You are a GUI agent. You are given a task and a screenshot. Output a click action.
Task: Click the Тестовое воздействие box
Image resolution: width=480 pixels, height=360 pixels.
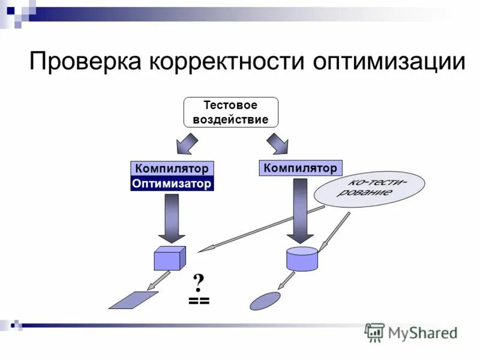point(230,112)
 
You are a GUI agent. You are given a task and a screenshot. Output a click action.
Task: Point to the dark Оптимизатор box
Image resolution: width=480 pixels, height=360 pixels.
point(172,184)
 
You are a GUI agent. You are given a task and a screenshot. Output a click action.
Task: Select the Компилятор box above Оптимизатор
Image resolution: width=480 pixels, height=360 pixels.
point(172,169)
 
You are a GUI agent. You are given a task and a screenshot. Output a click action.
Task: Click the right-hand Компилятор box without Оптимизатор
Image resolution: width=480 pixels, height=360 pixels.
point(301,167)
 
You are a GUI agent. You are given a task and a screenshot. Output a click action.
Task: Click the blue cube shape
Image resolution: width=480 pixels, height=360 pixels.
point(170,258)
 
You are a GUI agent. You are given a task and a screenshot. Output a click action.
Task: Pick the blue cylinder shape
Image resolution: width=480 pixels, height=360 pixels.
point(302,259)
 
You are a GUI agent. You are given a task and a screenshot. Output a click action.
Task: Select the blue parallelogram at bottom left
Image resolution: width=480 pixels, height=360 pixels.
point(133,300)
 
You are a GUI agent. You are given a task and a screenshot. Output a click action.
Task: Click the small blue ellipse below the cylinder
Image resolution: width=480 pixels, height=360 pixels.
point(265,301)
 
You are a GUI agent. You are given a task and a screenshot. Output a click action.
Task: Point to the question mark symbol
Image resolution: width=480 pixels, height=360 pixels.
point(199,283)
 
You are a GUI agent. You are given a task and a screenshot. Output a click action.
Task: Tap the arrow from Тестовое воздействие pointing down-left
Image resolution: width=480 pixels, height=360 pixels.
point(188,145)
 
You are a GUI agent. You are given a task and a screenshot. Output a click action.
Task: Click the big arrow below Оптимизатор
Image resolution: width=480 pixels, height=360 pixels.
point(170,218)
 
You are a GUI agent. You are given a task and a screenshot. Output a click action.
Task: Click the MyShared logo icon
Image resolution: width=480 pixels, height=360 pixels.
point(375,332)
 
